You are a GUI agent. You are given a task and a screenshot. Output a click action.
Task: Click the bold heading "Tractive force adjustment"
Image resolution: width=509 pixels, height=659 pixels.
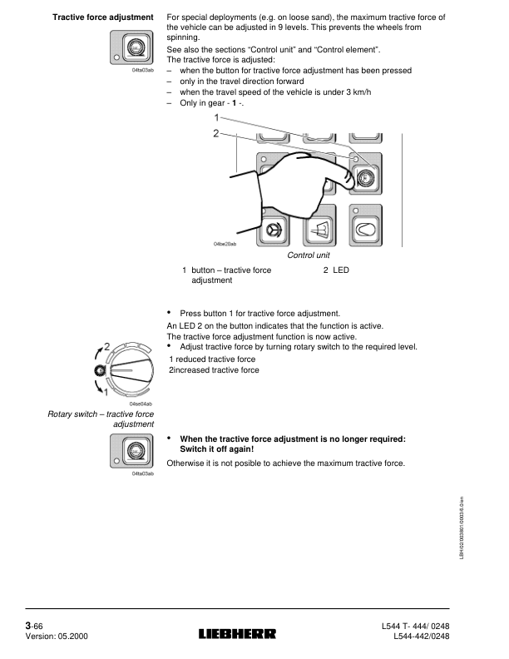[x=103, y=17]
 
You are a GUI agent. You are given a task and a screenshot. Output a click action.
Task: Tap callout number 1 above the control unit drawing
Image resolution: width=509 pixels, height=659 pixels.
[x=216, y=118]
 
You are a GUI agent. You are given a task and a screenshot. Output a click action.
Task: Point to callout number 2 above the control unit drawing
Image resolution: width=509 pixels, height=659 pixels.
[x=216, y=133]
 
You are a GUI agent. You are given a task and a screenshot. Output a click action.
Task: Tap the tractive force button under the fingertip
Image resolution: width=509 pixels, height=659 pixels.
[x=364, y=175]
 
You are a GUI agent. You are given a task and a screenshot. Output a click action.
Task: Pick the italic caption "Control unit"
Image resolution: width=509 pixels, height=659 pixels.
[x=309, y=256]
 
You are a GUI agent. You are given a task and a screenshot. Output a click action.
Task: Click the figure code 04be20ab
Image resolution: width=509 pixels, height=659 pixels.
[x=225, y=244]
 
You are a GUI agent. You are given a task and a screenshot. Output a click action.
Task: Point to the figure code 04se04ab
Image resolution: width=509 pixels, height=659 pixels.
[x=142, y=404]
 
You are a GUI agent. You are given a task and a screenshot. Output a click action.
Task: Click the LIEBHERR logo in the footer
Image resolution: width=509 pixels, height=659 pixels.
[x=238, y=634]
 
